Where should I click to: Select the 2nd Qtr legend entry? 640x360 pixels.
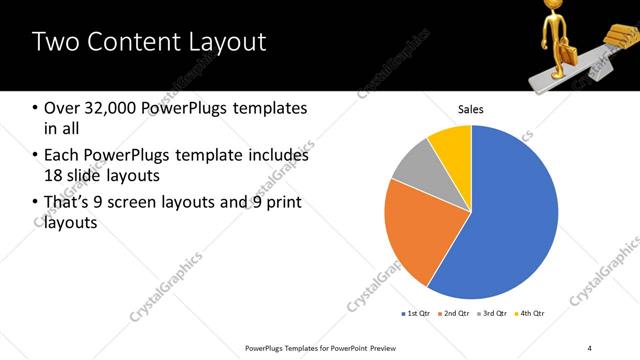(456, 314)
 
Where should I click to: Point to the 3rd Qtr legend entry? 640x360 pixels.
(494, 314)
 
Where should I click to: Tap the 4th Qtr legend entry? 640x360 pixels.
(531, 314)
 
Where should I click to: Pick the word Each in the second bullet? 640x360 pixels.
(62, 155)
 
